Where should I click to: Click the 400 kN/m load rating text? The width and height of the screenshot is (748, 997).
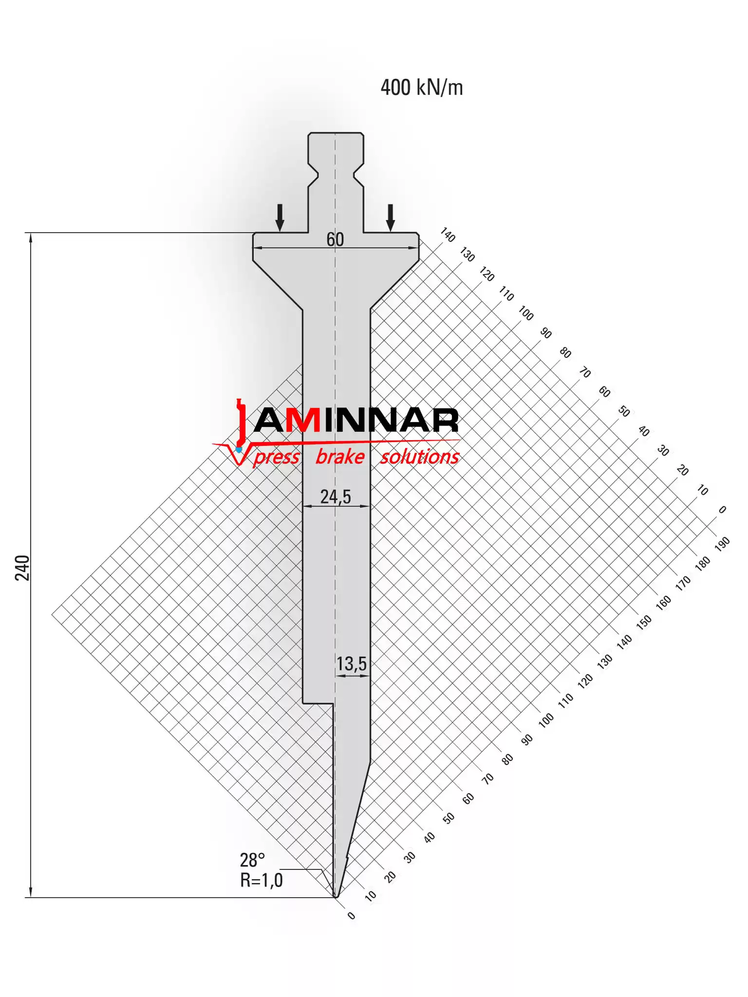(422, 88)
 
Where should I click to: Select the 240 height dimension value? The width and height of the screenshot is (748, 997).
(22, 568)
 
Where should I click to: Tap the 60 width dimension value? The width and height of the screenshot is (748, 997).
(335, 240)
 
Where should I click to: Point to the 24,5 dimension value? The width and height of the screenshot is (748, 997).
(336, 497)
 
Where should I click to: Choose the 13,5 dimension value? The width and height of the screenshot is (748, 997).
(352, 664)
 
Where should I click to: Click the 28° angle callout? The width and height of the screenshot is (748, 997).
(252, 860)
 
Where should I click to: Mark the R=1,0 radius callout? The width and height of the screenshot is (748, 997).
(262, 880)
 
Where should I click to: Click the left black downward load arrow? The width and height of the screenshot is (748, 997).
(280, 218)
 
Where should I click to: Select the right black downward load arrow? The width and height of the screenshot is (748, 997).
(390, 218)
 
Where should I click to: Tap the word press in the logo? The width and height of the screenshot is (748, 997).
(277, 457)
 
